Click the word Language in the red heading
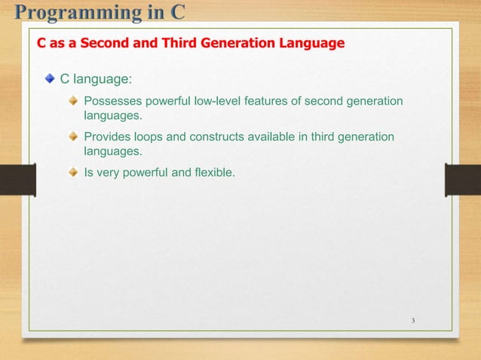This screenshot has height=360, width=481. (311, 43)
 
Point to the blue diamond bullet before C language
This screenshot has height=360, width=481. (50, 78)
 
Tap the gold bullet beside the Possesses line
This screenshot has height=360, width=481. (73, 101)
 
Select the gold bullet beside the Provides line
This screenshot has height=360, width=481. (73, 136)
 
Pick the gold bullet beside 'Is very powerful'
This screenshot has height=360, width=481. (73, 172)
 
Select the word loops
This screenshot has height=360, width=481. (152, 137)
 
